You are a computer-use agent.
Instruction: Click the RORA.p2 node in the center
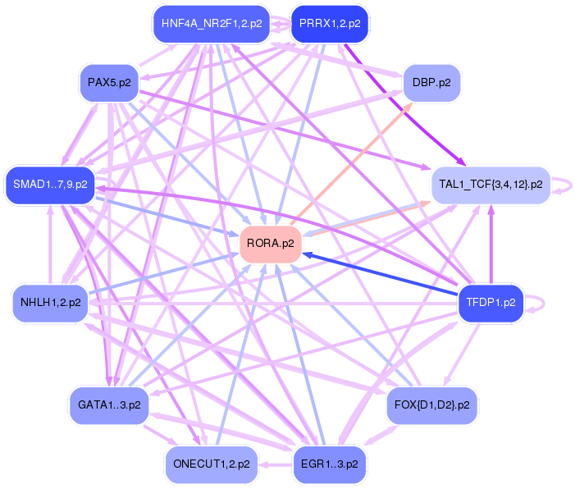[271, 244]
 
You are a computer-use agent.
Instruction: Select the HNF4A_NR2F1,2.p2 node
[212, 24]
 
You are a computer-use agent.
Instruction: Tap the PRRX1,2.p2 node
[330, 24]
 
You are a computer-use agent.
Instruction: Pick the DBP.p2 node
[431, 83]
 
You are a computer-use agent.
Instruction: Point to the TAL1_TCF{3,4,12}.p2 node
[491, 185]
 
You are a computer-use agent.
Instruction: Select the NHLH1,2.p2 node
[50, 303]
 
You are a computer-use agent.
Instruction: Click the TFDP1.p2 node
[491, 302]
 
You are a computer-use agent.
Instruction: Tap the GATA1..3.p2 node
[109, 405]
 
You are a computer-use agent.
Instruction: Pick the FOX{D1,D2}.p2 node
[431, 405]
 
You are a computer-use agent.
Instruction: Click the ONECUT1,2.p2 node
[212, 464]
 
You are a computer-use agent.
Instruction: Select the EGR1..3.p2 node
[329, 464]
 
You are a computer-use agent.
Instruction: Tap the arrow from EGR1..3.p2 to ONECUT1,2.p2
[276, 464]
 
